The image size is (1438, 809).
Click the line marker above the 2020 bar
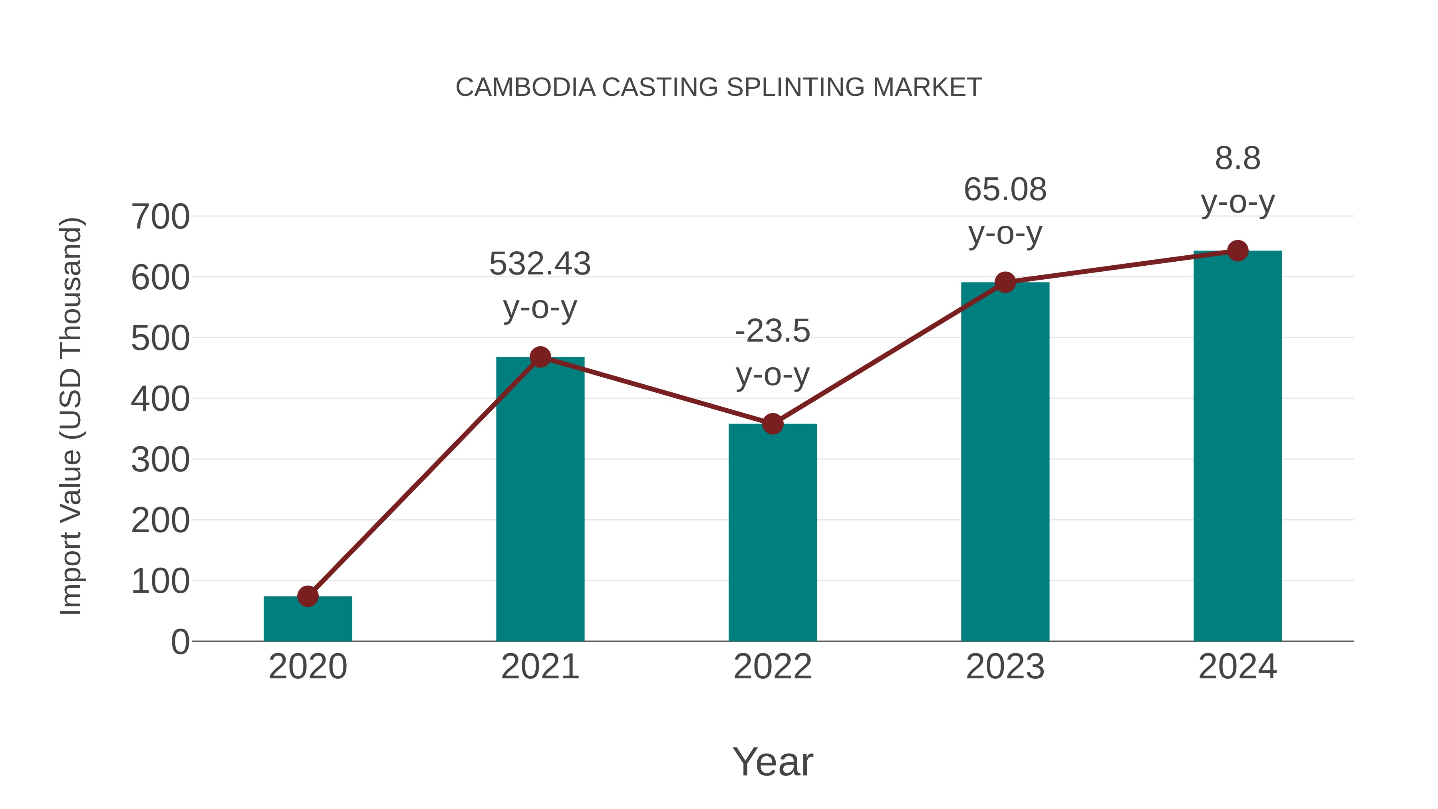coord(308,596)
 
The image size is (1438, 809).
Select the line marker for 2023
coord(1005,282)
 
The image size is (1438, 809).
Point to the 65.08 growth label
coord(1005,190)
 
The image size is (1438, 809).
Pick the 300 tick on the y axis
coord(160,460)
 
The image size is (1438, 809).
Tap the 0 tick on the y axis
coord(180,642)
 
